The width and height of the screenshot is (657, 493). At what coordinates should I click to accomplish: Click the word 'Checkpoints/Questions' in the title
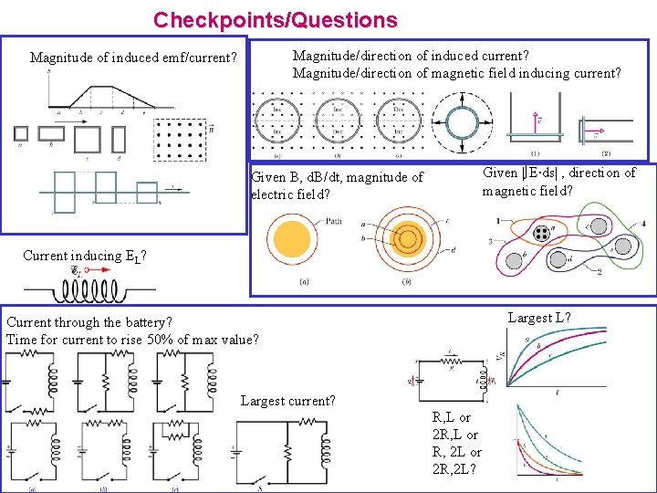(275, 19)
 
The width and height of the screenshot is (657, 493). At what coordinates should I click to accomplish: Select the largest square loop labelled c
(87, 140)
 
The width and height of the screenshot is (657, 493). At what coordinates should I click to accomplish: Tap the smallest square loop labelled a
(21, 133)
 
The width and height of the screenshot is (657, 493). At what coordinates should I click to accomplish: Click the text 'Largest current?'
(288, 401)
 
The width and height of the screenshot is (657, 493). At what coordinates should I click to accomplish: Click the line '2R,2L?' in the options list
(456, 469)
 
